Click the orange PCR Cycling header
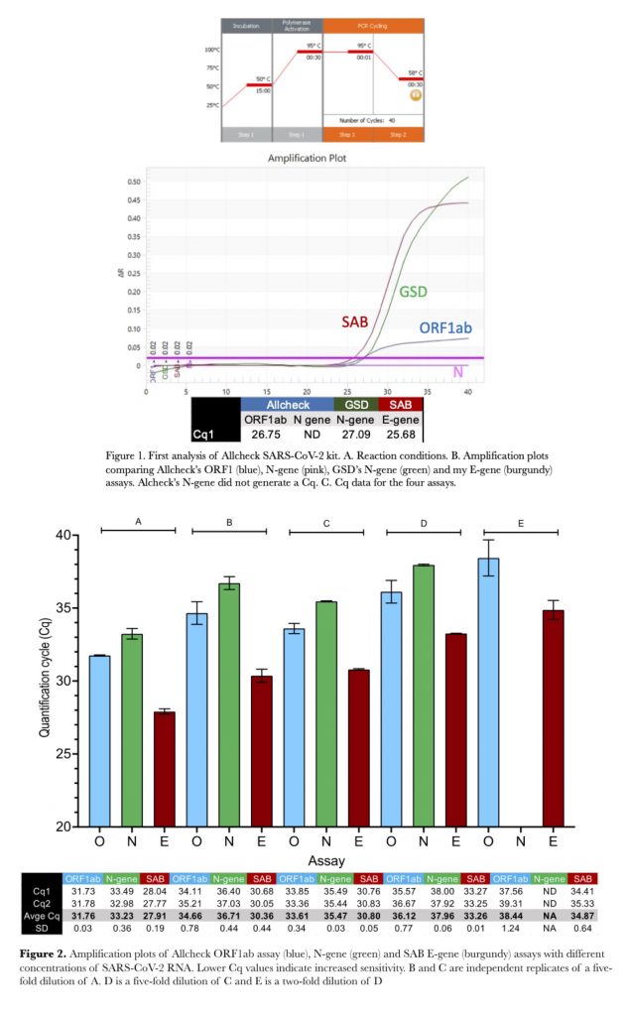372,26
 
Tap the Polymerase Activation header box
297,26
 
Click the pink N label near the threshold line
459,370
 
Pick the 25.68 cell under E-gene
400,433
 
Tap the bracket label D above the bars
424,522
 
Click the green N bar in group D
424,696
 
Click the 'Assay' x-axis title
326,859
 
